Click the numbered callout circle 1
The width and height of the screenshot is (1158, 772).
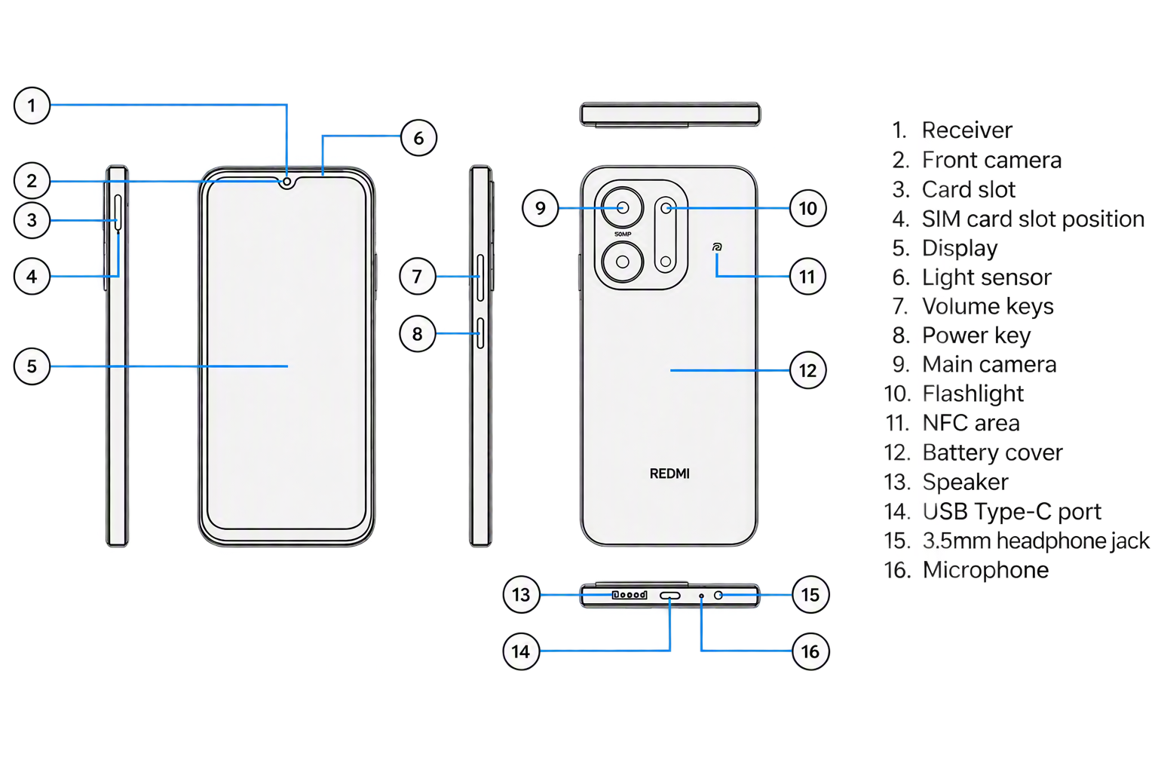pyautogui.click(x=32, y=106)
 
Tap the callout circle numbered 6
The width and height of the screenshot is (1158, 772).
pyautogui.click(x=418, y=138)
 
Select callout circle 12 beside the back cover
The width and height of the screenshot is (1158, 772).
pyautogui.click(x=808, y=370)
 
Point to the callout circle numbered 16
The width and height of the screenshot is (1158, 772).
pyautogui.click(x=810, y=651)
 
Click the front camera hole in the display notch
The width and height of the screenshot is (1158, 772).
pyautogui.click(x=287, y=182)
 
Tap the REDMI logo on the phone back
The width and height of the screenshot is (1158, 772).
pyautogui.click(x=669, y=473)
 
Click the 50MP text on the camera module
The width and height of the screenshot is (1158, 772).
pyautogui.click(x=623, y=234)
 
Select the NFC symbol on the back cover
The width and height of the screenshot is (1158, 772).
pyautogui.click(x=716, y=247)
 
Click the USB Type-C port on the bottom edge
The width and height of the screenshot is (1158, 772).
pyautogui.click(x=670, y=596)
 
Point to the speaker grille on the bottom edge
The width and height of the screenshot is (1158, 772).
pyautogui.click(x=630, y=595)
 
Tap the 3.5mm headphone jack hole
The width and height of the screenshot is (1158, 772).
pyautogui.click(x=718, y=595)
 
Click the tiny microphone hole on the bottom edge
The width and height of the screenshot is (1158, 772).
pyautogui.click(x=701, y=596)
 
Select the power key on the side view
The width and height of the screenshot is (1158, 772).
pyautogui.click(x=480, y=333)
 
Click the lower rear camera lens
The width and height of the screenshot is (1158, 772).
pyautogui.click(x=623, y=262)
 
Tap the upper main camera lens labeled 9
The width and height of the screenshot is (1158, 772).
pyautogui.click(x=623, y=208)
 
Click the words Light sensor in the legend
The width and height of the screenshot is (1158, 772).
pyautogui.click(x=986, y=277)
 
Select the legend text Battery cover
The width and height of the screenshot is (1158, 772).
pyautogui.click(x=993, y=452)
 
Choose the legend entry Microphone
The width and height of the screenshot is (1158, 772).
pyautogui.click(x=986, y=570)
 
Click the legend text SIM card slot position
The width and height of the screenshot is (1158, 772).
pyautogui.click(x=1033, y=219)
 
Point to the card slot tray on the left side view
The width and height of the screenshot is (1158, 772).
pyautogui.click(x=118, y=212)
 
